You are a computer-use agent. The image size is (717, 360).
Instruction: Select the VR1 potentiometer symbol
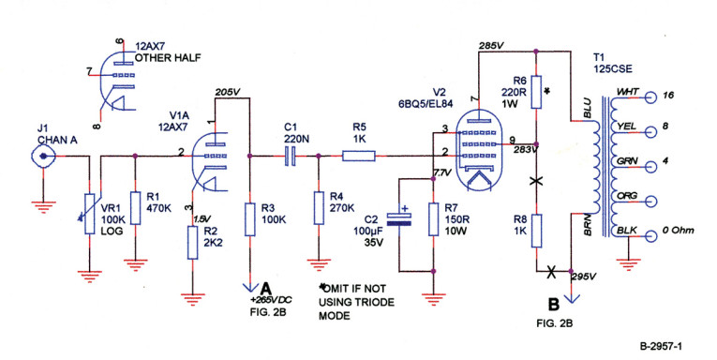(x=90, y=210)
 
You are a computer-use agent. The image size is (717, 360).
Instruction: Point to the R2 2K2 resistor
(x=191, y=242)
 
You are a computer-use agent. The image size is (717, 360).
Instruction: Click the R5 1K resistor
(x=360, y=156)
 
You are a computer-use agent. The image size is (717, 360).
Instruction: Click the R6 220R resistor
(x=536, y=92)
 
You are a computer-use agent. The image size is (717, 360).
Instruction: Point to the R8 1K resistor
(x=536, y=229)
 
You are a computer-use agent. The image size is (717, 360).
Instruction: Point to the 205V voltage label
(x=228, y=92)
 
